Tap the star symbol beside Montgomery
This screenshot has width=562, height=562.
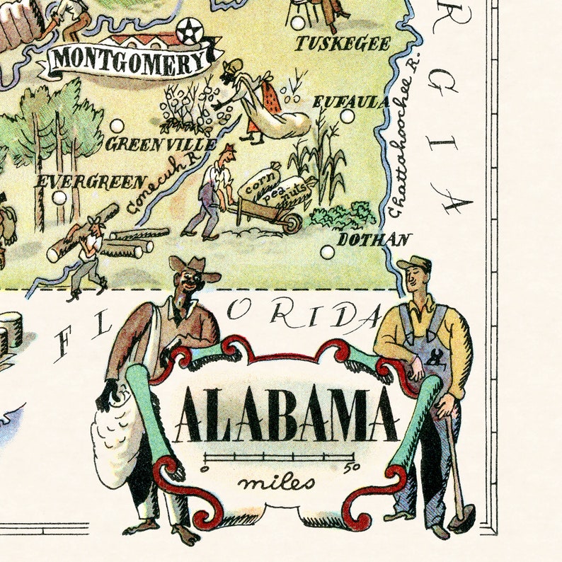click(188, 32)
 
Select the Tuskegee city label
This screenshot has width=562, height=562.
click(343, 44)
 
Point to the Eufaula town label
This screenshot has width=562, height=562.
click(350, 102)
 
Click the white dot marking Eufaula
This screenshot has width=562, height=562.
click(347, 116)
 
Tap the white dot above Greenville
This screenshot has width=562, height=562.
click(117, 126)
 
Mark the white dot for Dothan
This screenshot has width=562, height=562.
click(327, 251)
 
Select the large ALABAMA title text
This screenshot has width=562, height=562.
click(286, 417)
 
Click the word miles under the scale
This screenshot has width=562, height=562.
click(277, 483)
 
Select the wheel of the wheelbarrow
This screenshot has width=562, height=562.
click(292, 223)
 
